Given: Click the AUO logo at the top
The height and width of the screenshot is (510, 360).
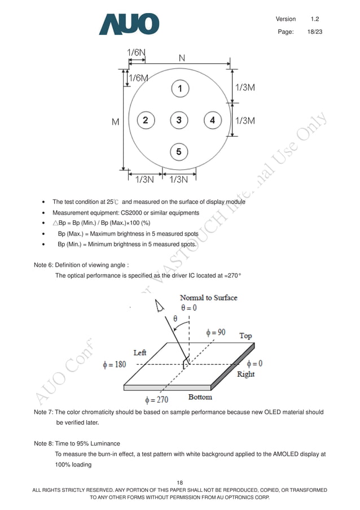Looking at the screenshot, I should point(129,24).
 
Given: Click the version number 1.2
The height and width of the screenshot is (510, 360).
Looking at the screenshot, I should point(315,19).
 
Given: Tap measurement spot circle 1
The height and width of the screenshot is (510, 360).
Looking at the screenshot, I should point(179,89).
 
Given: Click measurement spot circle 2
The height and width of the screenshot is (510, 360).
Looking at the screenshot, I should point(146,120).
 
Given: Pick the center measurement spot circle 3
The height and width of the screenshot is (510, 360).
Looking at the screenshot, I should point(179,120).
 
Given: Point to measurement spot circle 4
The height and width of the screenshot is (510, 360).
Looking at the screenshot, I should point(212,120).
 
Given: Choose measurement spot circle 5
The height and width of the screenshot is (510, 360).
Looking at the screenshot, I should point(179,151).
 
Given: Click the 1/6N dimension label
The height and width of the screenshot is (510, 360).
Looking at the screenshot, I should point(136,53).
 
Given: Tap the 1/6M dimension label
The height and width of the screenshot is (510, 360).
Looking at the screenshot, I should point(139,78).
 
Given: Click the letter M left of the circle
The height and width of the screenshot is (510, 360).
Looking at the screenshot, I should point(116,121).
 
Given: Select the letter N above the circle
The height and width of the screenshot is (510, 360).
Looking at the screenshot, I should point(182,58).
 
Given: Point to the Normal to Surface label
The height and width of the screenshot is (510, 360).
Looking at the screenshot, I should point(208,298).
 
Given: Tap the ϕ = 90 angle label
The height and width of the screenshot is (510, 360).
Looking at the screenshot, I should point(216,333).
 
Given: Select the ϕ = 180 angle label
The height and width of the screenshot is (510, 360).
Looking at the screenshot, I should point(115,364).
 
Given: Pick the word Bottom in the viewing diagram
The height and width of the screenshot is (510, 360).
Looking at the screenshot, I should point(200,397).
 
